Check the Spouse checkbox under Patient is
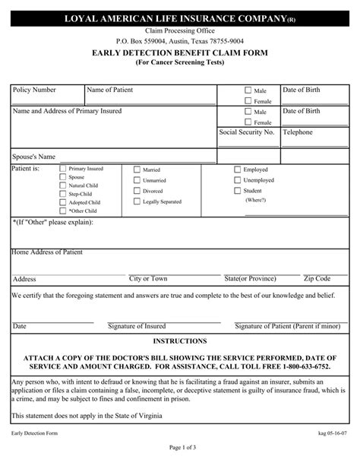coord(62,176)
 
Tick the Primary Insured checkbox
coord(62,167)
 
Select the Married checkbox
coord(137,170)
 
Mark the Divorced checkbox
coord(137,191)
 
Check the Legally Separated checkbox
coord(137,201)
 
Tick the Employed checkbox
coord(237,170)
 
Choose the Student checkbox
coord(237,190)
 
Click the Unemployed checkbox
coord(237,180)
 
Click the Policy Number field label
coord(34,90)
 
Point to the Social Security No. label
coord(246,132)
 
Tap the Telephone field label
coord(298,132)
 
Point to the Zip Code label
coord(317,279)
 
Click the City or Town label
coord(148,279)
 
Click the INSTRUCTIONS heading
coord(180,341)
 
